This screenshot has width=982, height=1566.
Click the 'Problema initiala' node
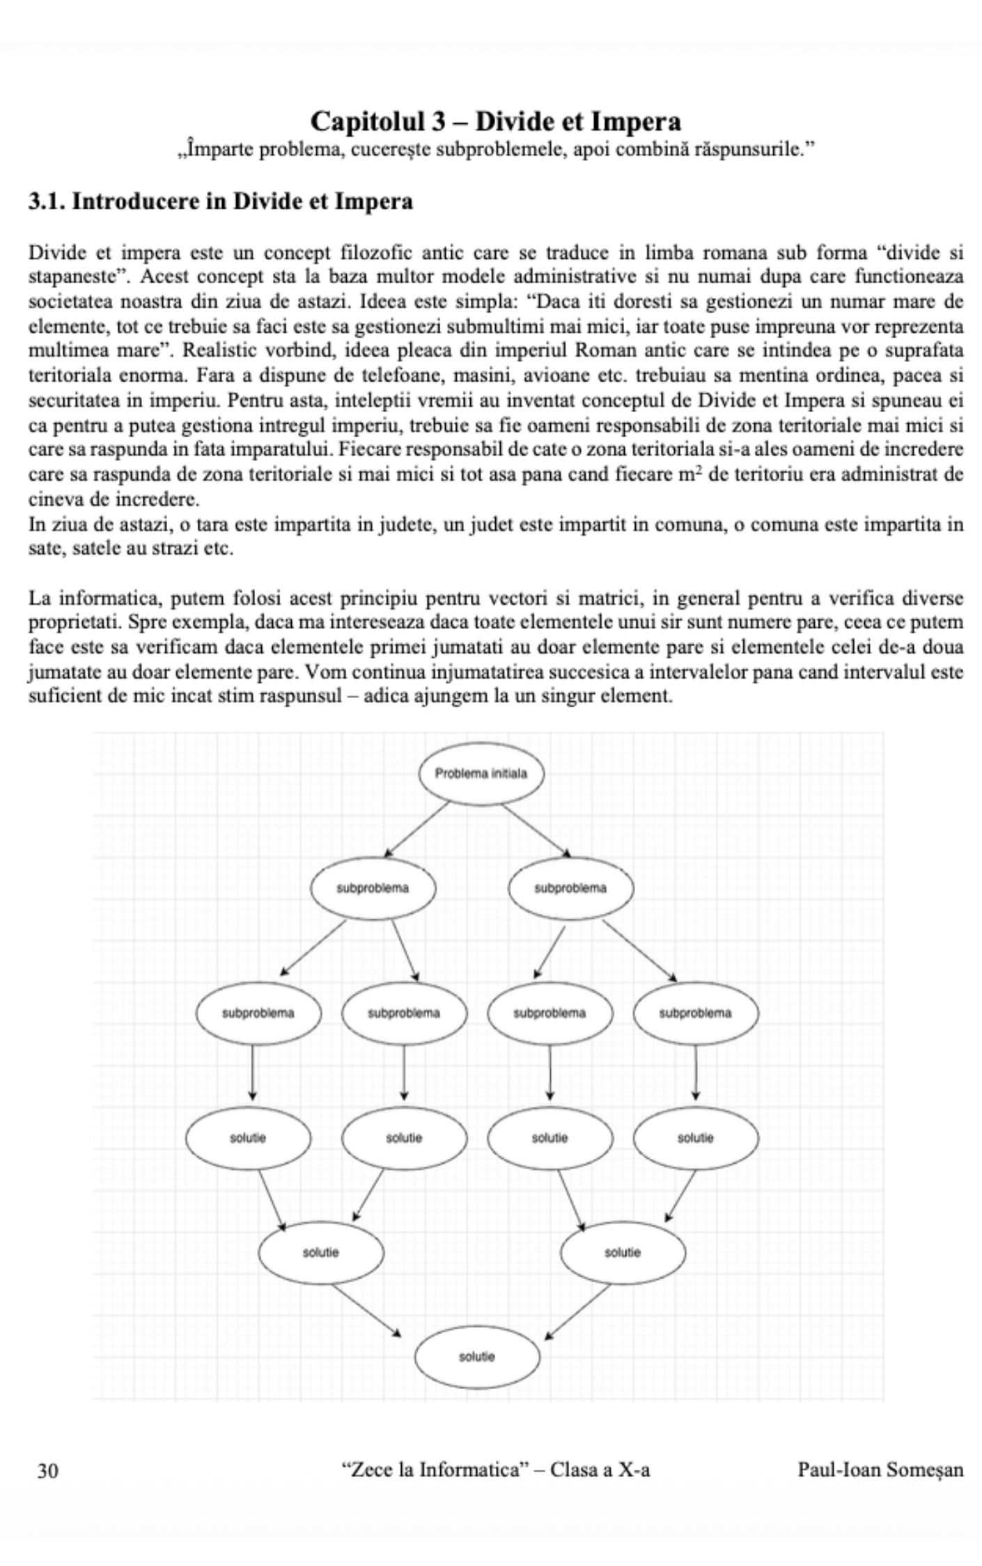(481, 773)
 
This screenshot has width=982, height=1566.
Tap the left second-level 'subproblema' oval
(373, 888)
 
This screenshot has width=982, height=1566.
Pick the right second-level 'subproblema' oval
(570, 888)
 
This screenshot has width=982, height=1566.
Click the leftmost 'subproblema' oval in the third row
(258, 1013)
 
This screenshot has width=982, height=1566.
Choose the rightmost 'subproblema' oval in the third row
(695, 1013)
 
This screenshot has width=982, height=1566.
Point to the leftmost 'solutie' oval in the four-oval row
(248, 1138)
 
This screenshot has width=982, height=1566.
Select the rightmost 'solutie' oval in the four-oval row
(695, 1138)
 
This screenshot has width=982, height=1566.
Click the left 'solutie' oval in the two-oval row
(320, 1252)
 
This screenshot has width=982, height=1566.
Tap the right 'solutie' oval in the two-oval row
(623, 1252)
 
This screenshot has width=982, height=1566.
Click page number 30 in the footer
(48, 1470)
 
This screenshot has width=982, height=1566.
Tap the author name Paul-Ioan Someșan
(880, 1470)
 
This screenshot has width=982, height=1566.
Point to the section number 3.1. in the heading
(47, 202)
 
